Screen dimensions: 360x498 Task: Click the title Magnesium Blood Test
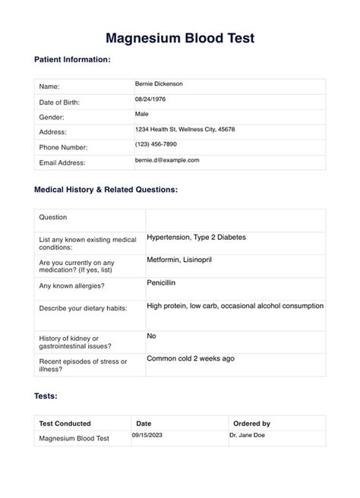pos(179,37)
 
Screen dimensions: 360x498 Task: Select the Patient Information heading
pos(73,59)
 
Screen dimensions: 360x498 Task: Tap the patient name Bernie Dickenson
pos(159,84)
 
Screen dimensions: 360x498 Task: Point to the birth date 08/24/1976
pos(150,99)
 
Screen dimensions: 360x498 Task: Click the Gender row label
pos(52,118)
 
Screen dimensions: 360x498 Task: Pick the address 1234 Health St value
pos(185,129)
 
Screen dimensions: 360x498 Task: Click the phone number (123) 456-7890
pos(156,144)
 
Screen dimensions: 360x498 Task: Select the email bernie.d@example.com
pos(167,160)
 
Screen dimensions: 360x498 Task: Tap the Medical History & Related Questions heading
pos(106,189)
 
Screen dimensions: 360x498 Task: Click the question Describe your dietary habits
pos(83,307)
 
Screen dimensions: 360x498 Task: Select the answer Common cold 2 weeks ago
pos(190,358)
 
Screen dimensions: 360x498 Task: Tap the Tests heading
pos(46,396)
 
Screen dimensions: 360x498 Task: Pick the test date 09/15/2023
pos(148,435)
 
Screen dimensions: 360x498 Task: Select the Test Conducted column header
pos(65,424)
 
